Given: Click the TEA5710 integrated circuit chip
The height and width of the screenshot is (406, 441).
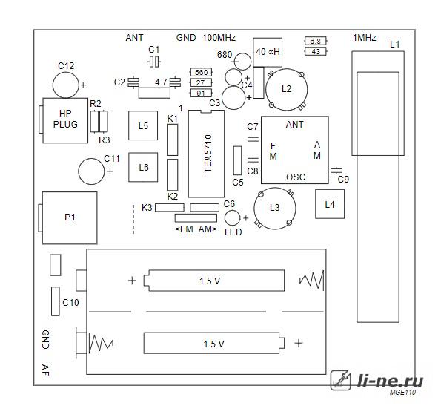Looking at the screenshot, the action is pyautogui.click(x=206, y=154).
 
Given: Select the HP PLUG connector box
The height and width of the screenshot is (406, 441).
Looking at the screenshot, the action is pyautogui.click(x=65, y=120).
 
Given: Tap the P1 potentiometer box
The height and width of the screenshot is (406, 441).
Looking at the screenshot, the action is pyautogui.click(x=70, y=218).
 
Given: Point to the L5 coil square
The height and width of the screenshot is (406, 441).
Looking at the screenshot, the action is pyautogui.click(x=143, y=125).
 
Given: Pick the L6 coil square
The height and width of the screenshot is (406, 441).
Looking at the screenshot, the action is pyautogui.click(x=143, y=167).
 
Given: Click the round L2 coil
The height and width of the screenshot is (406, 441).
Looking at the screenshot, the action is pyautogui.click(x=286, y=90).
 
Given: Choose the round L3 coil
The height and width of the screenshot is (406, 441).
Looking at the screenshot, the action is pyautogui.click(x=274, y=209).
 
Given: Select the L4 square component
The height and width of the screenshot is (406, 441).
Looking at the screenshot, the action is pyautogui.click(x=330, y=204).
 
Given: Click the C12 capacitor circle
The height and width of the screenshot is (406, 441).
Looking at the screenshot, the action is pyautogui.click(x=66, y=85).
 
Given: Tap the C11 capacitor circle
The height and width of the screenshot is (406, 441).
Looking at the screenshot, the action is pyautogui.click(x=91, y=171).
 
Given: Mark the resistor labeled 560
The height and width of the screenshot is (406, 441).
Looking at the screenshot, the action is pyautogui.click(x=201, y=72).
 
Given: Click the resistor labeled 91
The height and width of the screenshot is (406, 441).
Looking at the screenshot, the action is pyautogui.click(x=201, y=93).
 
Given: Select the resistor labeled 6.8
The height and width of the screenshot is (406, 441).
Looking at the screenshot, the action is pyautogui.click(x=316, y=41).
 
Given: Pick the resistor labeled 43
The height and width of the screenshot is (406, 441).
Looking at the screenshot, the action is pyautogui.click(x=316, y=51).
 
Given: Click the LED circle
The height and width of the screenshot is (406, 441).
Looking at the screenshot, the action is pyautogui.click(x=232, y=218).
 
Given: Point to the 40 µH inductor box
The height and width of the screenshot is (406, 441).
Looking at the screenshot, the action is pyautogui.click(x=268, y=53).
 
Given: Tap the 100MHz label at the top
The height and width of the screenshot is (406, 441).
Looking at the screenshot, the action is pyautogui.click(x=219, y=38).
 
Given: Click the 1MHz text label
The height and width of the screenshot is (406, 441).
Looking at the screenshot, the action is pyautogui.click(x=364, y=38).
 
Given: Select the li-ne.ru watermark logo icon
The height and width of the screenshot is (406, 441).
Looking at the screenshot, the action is pyautogui.click(x=341, y=380).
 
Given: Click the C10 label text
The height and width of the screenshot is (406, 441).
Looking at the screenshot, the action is pyautogui.click(x=70, y=303).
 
